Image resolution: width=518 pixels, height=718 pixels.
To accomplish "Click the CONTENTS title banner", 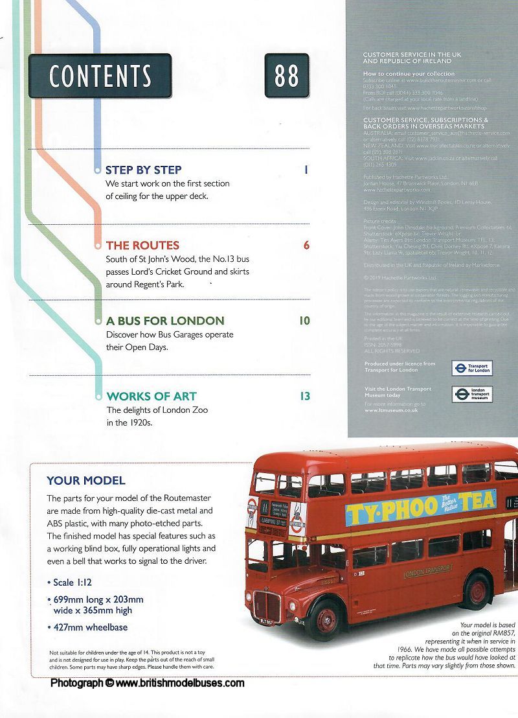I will [100, 76].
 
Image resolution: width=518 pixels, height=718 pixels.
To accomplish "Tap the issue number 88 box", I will [286, 76].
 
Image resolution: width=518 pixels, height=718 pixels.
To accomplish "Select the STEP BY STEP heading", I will [144, 170].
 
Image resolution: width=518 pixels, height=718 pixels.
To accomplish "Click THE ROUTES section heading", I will [142, 246].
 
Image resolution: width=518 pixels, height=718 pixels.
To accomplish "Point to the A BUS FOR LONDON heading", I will [165, 321].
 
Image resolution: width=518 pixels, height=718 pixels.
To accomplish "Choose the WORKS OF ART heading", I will [152, 396].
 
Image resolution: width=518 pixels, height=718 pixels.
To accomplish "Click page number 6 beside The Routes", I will [306, 246].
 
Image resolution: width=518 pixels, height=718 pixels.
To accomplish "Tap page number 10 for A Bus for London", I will [304, 321].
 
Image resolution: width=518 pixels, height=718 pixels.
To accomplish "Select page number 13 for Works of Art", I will [304, 396].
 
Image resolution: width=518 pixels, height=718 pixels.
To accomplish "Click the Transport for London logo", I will [472, 367].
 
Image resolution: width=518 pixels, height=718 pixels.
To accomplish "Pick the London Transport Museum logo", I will [472, 394].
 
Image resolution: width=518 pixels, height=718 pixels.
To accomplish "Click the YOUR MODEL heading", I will [86, 481].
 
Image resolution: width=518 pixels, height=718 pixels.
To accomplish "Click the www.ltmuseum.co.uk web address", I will [390, 410].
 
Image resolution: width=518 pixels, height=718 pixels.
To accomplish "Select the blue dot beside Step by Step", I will [98, 170].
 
